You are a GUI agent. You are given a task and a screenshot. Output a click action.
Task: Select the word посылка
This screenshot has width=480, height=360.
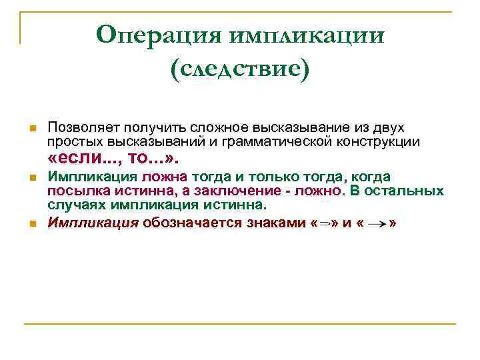(x=74, y=191)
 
